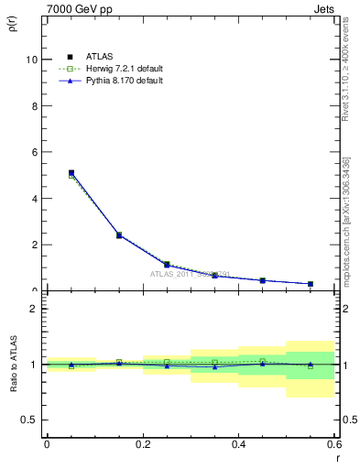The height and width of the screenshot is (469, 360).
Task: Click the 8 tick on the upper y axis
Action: [x=34, y=105]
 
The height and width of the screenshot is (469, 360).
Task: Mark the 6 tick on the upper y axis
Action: [x=34, y=152]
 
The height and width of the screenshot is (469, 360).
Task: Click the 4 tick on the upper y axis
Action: [x=34, y=199]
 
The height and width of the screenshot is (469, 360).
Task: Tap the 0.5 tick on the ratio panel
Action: [x=30, y=420]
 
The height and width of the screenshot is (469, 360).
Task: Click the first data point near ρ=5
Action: [x=71, y=172]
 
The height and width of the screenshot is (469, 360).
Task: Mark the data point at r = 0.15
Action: [x=119, y=235]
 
